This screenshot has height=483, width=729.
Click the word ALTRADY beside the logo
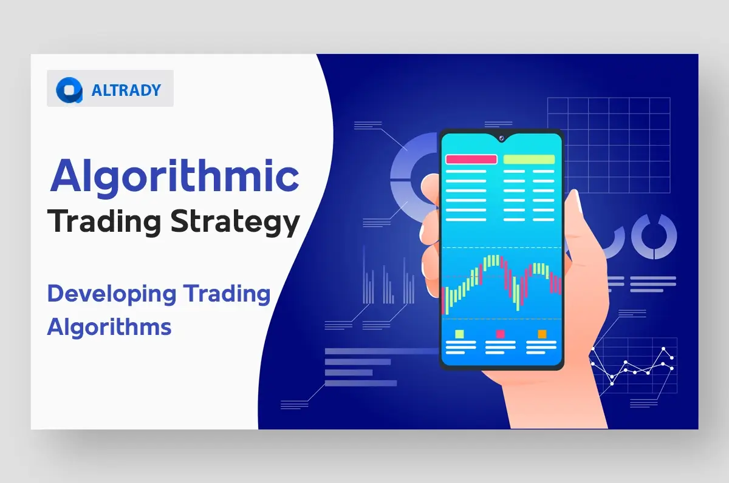(126, 90)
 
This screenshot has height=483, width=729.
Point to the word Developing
(112, 294)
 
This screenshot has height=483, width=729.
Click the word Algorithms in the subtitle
(109, 327)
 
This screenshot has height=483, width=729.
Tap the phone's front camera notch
(502, 138)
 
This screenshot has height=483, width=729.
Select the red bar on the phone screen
(471, 160)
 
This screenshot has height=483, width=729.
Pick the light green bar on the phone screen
(529, 160)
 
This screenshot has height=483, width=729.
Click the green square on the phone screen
(460, 334)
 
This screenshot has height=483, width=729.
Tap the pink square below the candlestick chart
(501, 334)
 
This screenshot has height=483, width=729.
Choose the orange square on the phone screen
(542, 334)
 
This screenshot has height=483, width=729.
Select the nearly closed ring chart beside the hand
(654, 235)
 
